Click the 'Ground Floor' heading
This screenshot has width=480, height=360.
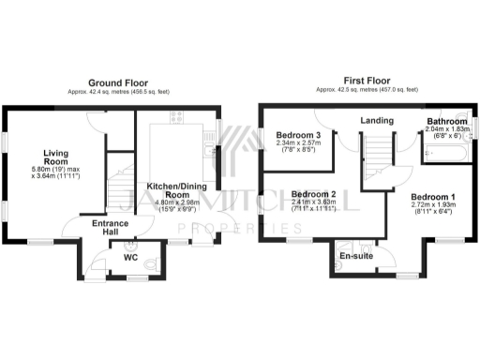coord(116,83)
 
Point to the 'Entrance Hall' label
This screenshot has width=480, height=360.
coord(111,231)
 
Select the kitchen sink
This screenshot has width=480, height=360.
coord(209,147)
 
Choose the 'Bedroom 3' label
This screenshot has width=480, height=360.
coord(296,135)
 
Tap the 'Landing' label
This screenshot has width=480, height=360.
coord(376,120)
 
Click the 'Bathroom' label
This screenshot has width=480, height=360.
coord(447,122)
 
